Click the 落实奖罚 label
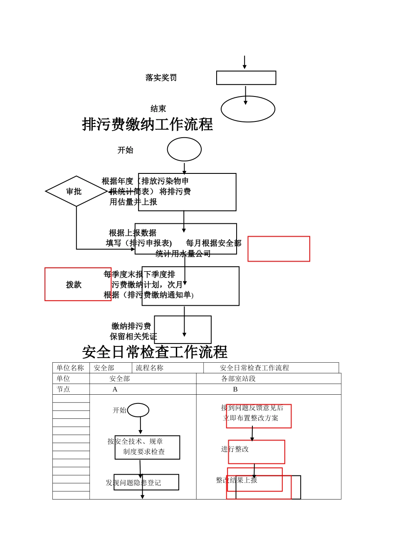click(161, 78)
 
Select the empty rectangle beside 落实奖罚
click(246, 78)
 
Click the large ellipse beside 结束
click(248, 109)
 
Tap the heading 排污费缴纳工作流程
click(147, 124)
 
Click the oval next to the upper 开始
click(184, 149)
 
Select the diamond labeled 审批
click(76, 191)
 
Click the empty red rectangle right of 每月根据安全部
click(279, 249)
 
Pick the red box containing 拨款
click(77, 284)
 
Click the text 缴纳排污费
click(131, 326)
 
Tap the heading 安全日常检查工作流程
click(155, 352)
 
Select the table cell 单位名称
click(70, 368)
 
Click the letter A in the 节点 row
click(115, 389)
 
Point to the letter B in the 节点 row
click(235, 389)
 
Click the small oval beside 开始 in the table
click(138, 410)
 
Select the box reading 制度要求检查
click(147, 448)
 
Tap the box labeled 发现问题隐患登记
click(146, 482)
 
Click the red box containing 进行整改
click(257, 452)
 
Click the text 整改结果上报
click(237, 480)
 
